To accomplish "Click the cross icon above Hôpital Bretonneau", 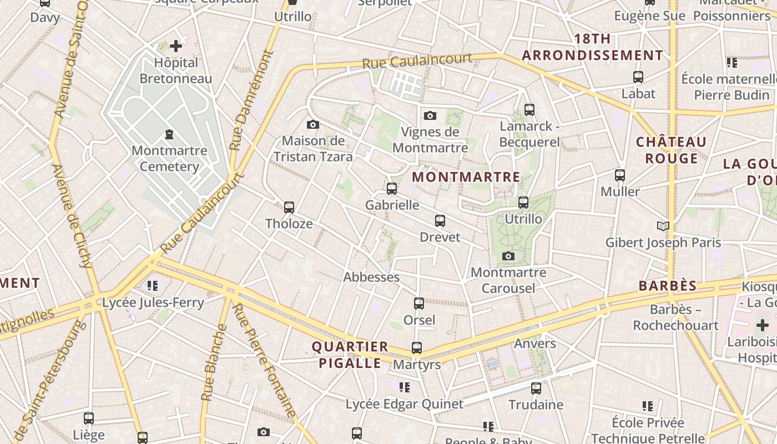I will tap(176, 46).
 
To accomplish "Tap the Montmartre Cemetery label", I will tap(169, 158).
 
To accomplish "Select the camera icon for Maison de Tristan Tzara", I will tap(313, 124).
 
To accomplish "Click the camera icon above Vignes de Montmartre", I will tap(430, 115).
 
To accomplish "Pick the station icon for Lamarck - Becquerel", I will tap(529, 110).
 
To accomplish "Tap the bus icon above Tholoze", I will tap(289, 208).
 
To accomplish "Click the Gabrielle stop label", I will tap(392, 205).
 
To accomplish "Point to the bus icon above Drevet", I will tap(440, 221).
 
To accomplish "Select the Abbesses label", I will tap(371, 277).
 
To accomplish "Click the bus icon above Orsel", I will tap(419, 304).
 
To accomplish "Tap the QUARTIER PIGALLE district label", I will tap(349, 355).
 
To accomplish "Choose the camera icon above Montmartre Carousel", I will tap(508, 256).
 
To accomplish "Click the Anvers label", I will tap(535, 344).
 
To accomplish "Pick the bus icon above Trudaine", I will tap(536, 389).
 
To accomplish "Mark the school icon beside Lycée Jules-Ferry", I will tap(153, 286).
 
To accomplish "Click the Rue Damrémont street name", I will tap(251, 101).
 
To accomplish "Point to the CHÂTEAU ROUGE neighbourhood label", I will tap(671, 150).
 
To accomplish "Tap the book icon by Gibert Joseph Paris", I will tap(663, 226).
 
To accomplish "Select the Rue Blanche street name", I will tap(214, 363).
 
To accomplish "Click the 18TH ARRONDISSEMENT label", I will tap(593, 47).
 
